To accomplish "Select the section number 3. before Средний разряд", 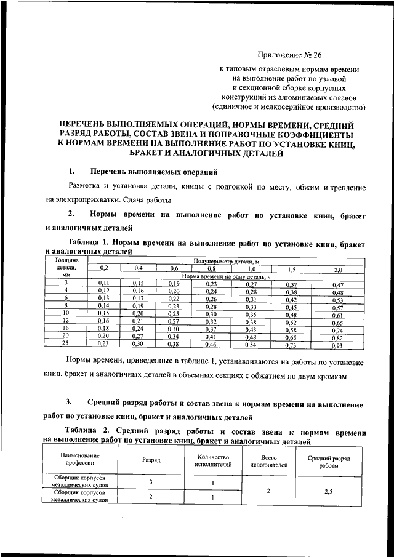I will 71,403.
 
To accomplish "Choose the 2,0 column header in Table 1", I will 337,270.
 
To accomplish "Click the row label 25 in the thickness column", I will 66,343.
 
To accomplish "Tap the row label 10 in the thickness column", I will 66,313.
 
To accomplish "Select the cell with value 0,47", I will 337,285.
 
